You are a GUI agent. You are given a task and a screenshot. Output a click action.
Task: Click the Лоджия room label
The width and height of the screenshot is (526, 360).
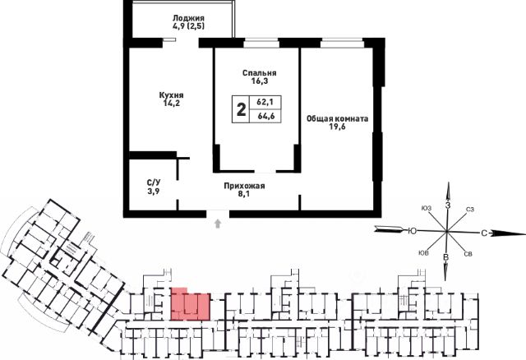188,16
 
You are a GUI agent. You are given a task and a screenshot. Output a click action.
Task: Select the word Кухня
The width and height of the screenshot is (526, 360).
171,95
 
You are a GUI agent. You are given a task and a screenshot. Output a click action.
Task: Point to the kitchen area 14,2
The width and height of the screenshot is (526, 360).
171,104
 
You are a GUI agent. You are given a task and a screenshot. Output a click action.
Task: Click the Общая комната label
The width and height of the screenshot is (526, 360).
337,118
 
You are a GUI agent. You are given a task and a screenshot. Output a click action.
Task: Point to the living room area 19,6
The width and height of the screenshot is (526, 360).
337,128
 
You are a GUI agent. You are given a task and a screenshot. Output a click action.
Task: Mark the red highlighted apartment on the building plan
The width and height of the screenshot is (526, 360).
190,304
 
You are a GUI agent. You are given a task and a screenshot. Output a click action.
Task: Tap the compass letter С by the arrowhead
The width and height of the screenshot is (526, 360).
486,233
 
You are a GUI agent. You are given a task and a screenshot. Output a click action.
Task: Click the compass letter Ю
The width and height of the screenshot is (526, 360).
410,232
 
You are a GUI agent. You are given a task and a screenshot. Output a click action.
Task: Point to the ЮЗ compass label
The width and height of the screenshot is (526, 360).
426,207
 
